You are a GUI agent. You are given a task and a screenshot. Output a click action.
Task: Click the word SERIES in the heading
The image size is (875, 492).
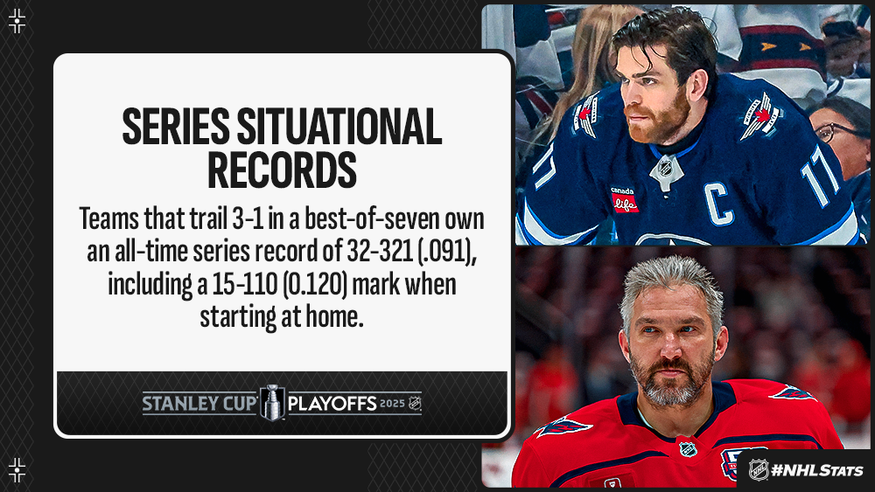coord(175,127)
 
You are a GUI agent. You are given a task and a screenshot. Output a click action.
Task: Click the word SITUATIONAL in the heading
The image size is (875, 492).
coord(339,127)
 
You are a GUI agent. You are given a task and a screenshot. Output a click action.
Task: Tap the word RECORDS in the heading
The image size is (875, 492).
coord(282,170)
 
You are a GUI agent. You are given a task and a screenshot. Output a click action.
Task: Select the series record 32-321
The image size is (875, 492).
coord(380,252)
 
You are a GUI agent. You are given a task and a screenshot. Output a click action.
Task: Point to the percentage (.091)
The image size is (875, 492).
coord(447,253)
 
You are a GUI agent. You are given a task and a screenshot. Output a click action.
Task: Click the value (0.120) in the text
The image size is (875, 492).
coord(315,285)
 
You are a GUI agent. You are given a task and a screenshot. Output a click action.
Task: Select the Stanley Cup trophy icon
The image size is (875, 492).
coord(273,402)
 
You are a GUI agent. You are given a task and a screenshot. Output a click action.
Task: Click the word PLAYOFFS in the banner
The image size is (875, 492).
coord(332,403)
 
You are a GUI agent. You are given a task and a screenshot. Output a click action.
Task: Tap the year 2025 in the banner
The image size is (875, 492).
coord(392,403)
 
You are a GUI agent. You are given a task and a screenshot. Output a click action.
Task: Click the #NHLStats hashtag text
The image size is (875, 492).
coord(817,470)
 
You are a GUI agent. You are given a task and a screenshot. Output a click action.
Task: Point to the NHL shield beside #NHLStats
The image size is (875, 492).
coord(759,469)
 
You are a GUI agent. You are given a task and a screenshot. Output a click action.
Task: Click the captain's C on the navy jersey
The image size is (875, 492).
coord(718,204)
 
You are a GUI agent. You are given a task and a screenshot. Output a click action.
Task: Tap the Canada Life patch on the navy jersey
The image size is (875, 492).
coord(624,199)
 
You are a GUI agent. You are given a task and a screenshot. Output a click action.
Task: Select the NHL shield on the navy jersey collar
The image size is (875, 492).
coord(666,169)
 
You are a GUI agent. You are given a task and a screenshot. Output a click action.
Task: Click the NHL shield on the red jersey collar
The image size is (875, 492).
coord(688,449)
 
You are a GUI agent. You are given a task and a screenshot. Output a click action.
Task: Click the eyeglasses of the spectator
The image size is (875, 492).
coord(834,132)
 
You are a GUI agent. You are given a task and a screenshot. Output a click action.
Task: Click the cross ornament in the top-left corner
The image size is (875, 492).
coord(17,21)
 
